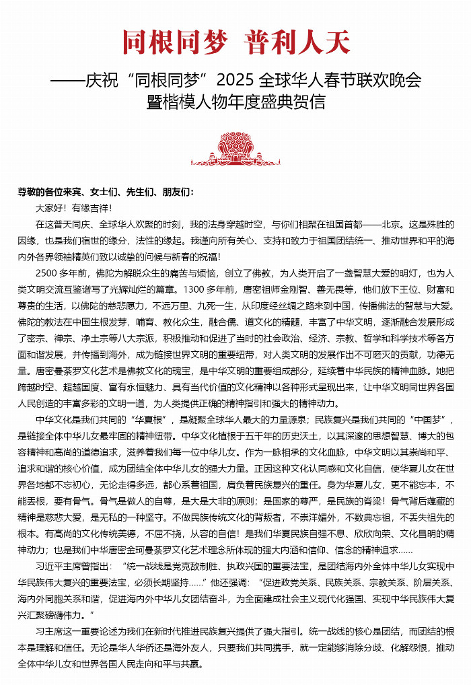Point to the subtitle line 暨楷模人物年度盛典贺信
[236, 102]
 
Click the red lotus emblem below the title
[235, 149]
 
